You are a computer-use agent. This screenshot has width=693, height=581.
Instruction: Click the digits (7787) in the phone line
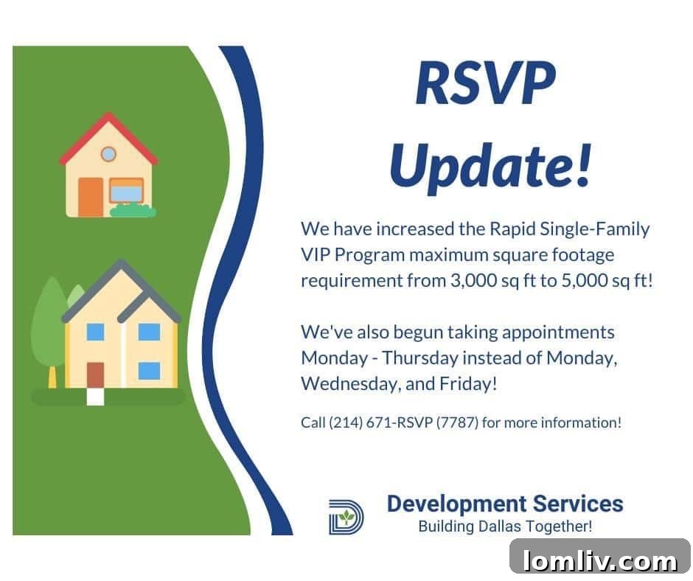[456, 423]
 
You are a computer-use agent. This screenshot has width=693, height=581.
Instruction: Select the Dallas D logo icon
[346, 516]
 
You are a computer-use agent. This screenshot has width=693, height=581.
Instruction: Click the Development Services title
[505, 504]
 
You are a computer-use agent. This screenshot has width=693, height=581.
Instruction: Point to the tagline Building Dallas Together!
[505, 526]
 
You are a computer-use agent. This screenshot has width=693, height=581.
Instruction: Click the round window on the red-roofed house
[108, 154]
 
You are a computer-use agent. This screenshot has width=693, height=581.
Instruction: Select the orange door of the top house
[91, 197]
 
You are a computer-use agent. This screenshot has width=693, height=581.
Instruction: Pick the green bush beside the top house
[133, 211]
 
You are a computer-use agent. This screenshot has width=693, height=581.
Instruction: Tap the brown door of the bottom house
[96, 375]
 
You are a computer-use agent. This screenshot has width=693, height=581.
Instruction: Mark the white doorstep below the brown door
[96, 396]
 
